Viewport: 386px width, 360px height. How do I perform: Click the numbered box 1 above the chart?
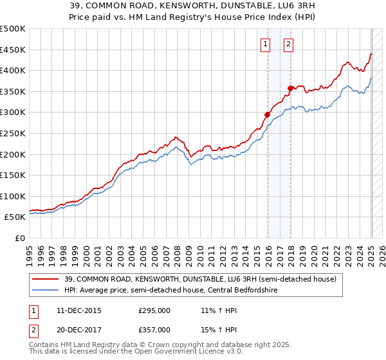(265, 44)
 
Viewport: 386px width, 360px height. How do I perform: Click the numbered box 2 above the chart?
(288, 44)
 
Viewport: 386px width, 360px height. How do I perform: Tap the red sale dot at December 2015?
(267, 114)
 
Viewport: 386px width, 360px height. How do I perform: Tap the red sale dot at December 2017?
(291, 88)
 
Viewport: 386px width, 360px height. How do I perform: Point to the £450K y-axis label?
(13, 50)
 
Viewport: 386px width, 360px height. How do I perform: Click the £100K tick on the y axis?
(13, 196)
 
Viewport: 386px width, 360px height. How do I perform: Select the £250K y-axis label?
(13, 133)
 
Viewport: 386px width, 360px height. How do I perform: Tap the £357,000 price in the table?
(154, 329)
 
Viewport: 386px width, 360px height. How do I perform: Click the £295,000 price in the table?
(154, 310)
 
